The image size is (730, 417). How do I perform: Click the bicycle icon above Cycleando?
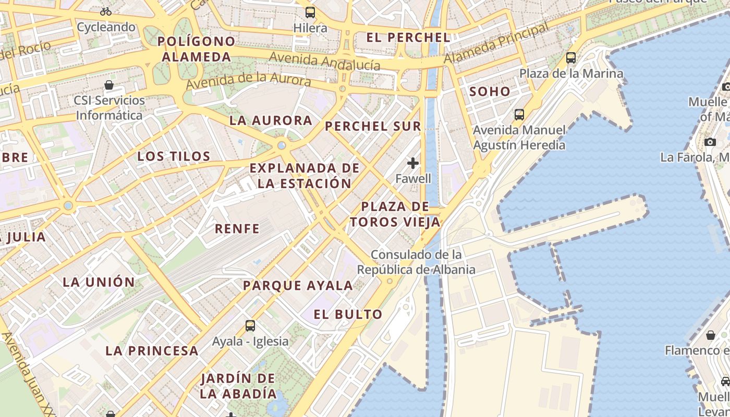[106, 11]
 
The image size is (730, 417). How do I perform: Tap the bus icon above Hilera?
[310, 12]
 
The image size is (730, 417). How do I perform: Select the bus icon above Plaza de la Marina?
[571, 58]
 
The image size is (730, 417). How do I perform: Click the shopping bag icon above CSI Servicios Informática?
[109, 85]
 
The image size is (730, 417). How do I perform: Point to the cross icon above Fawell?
[413, 163]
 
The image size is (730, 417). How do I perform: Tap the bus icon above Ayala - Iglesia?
[250, 326]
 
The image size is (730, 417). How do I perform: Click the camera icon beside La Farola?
[710, 142]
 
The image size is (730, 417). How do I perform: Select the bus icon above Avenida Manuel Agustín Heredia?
[519, 114]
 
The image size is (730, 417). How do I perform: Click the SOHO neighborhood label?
[490, 92]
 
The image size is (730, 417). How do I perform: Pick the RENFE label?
[237, 229]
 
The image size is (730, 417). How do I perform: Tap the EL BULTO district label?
[348, 314]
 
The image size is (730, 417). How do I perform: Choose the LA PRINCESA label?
[152, 351]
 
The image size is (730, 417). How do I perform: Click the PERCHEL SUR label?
[373, 126]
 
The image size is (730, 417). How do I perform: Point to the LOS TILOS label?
[174, 156]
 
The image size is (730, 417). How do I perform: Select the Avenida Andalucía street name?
[325, 61]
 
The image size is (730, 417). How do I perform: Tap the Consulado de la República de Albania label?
[416, 262]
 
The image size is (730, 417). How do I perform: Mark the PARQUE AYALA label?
[298, 286]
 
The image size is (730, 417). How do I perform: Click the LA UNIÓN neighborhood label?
[99, 283]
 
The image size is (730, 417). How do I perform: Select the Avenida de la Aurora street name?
[248, 81]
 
